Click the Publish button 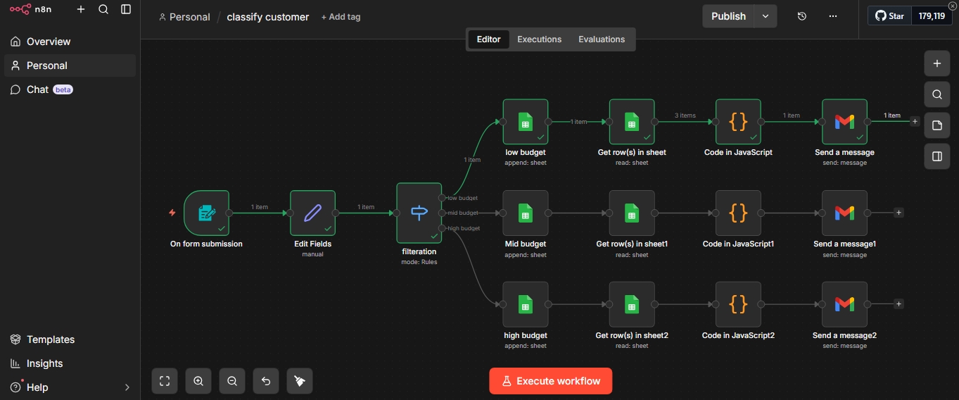coord(728,16)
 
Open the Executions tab coord(539,39)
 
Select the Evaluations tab coord(601,39)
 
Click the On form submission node coord(206,213)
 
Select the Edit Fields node coord(312,213)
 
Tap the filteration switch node coord(419,213)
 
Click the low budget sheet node coord(525,122)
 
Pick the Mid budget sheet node coord(525,213)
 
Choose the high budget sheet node coord(525,304)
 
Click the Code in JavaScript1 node coord(738,213)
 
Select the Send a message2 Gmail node coord(844,304)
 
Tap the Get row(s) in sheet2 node coord(631,304)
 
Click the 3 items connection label coord(685,115)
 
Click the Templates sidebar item coord(50,339)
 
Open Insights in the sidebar coord(44,363)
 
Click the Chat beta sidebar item coord(39,89)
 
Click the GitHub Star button coord(890,15)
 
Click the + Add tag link coord(341,17)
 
